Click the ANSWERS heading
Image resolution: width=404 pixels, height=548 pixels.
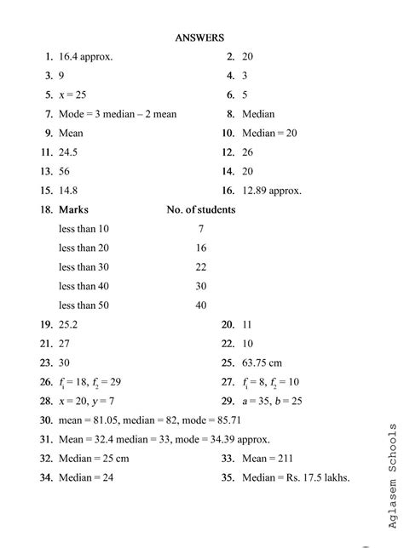click(x=199, y=37)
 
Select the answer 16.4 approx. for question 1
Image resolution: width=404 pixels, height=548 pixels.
click(x=86, y=57)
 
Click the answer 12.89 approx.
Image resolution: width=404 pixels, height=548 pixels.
click(x=272, y=191)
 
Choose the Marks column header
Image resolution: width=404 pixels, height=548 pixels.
click(x=73, y=209)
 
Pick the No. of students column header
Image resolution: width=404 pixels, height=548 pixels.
click(x=200, y=209)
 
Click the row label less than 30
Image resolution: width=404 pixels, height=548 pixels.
click(x=84, y=266)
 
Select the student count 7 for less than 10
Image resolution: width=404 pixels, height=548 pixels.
click(x=201, y=229)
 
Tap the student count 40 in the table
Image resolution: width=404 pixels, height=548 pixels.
click(x=201, y=305)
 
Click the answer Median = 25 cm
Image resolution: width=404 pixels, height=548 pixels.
click(x=94, y=459)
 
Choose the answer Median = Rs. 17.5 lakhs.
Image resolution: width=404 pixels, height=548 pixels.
click(x=296, y=477)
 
